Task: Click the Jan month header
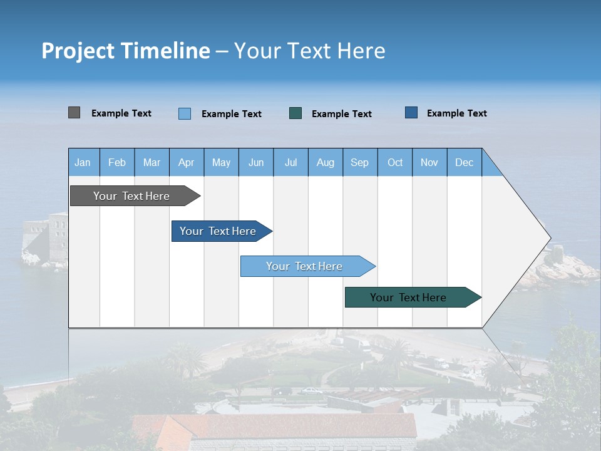[83, 162]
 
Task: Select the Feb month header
[117, 162]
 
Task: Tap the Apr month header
[186, 162]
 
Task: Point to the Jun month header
[255, 162]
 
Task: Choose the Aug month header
[325, 162]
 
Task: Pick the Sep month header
[359, 162]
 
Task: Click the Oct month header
[394, 162]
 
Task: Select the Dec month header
[464, 162]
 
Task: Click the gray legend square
[74, 113]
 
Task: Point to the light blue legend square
[185, 113]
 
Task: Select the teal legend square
[295, 113]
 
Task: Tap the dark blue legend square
[411, 113]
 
